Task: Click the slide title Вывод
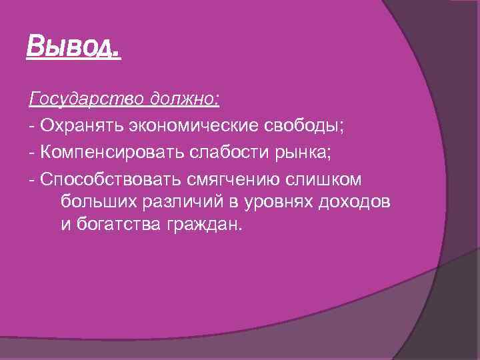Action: [x=73, y=47]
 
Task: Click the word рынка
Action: [x=304, y=153]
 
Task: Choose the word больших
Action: [x=94, y=201]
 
